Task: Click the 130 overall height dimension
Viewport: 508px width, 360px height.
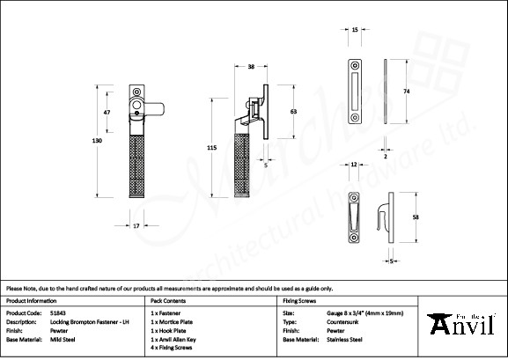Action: click(x=97, y=141)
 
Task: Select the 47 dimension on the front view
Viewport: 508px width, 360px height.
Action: click(x=107, y=114)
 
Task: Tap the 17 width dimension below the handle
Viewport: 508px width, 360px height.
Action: click(x=137, y=226)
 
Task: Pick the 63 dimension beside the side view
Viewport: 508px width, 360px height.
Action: click(x=292, y=111)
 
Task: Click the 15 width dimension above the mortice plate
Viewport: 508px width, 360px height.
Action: click(x=355, y=30)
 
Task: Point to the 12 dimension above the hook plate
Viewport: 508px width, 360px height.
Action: click(x=353, y=165)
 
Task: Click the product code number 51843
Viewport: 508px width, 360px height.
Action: click(x=58, y=312)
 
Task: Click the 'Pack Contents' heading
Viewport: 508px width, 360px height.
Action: click(x=169, y=300)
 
